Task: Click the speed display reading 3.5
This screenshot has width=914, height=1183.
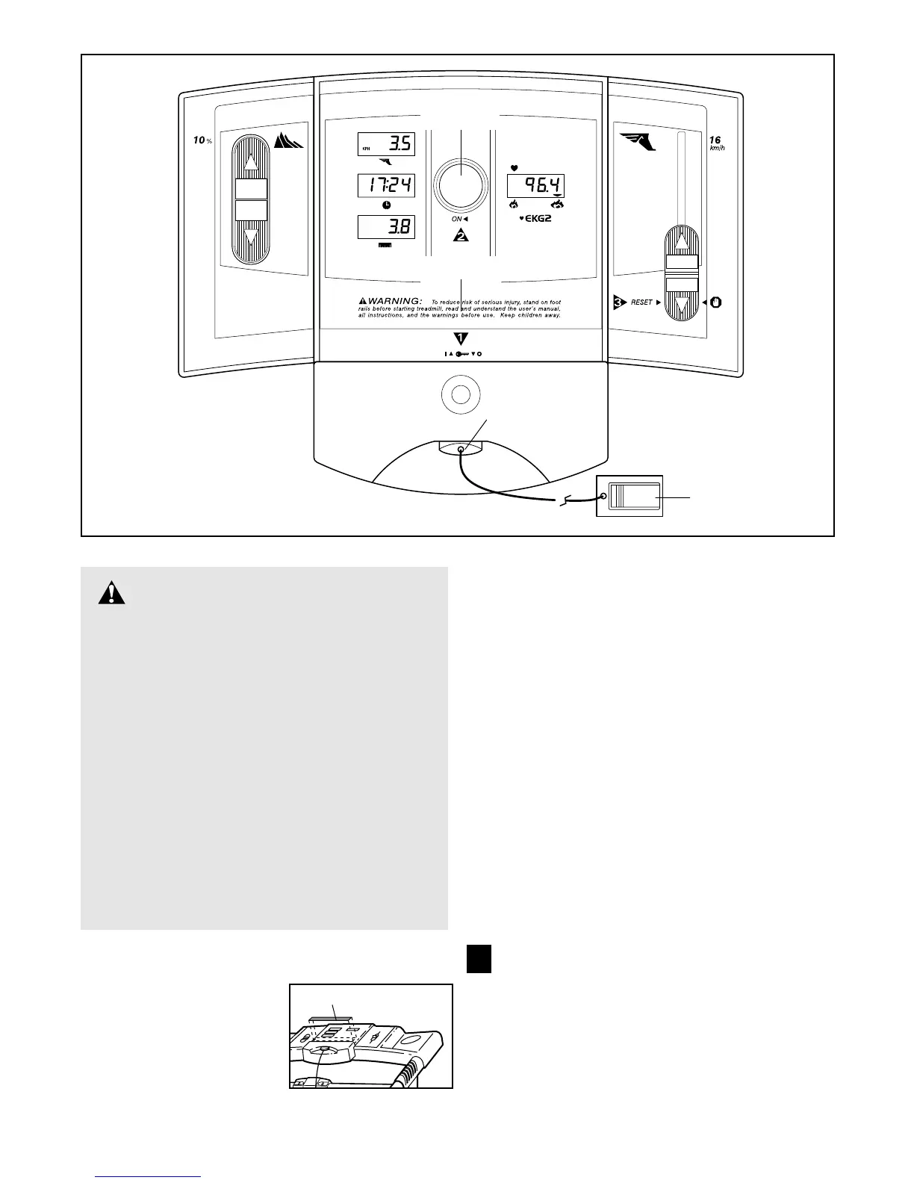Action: click(x=386, y=144)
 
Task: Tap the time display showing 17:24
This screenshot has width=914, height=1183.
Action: click(x=386, y=185)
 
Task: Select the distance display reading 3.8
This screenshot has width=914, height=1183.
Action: click(x=386, y=227)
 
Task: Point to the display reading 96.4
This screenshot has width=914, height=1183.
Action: click(x=535, y=186)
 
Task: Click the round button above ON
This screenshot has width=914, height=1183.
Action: click(x=461, y=183)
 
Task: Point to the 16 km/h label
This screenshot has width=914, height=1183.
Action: click(x=716, y=143)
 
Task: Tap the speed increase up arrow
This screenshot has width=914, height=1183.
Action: click(x=681, y=242)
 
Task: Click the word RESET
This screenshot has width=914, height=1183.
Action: click(x=641, y=302)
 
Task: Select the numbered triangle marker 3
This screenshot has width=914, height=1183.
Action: click(x=619, y=302)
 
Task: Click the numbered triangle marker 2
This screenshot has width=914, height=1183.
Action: click(x=461, y=236)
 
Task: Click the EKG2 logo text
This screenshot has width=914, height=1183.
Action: click(x=538, y=220)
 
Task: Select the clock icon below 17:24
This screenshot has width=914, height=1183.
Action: click(x=386, y=205)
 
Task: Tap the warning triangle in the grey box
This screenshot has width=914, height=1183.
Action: click(x=112, y=593)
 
